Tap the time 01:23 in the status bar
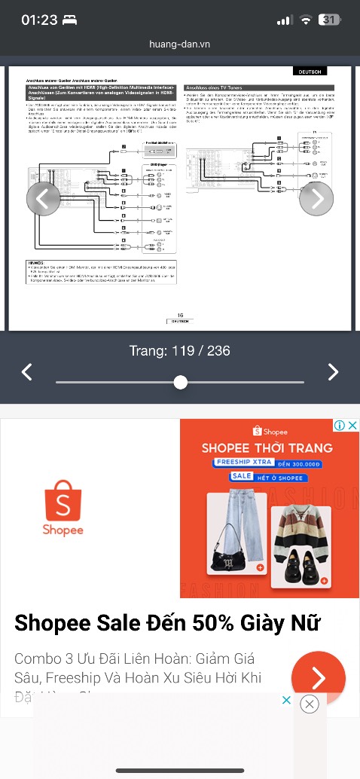click(x=39, y=20)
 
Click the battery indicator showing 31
click(x=329, y=20)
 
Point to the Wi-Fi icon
click(x=306, y=20)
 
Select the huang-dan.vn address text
click(x=180, y=44)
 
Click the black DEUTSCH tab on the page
click(x=310, y=72)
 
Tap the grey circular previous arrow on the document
click(x=43, y=198)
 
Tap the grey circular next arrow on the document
click(x=316, y=198)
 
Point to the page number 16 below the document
click(x=180, y=315)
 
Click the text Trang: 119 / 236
click(x=180, y=351)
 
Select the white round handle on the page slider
click(x=180, y=382)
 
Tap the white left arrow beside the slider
click(x=26, y=371)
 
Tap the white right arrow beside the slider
click(x=333, y=371)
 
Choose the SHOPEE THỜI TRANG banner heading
click(x=267, y=448)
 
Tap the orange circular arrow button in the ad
click(x=318, y=678)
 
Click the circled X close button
click(x=309, y=704)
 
